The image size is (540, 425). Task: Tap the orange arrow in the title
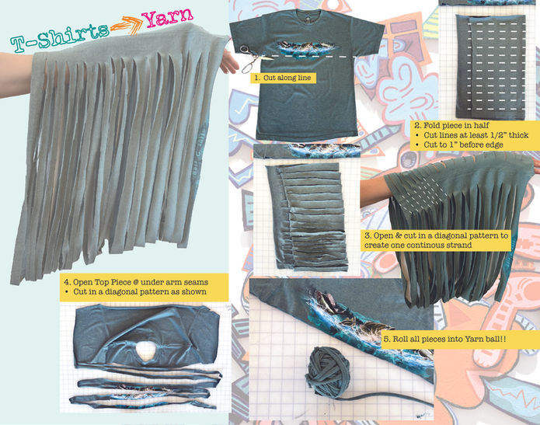[x=127, y=24]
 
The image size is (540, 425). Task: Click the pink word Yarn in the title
[x=168, y=16]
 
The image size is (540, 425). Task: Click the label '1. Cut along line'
[x=283, y=78]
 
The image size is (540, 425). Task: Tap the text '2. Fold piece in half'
[x=451, y=125]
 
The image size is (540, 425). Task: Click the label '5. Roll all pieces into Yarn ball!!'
[x=444, y=339]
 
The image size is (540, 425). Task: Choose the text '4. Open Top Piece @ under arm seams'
[x=136, y=282]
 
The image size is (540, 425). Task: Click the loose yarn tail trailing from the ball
[x=385, y=401]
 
